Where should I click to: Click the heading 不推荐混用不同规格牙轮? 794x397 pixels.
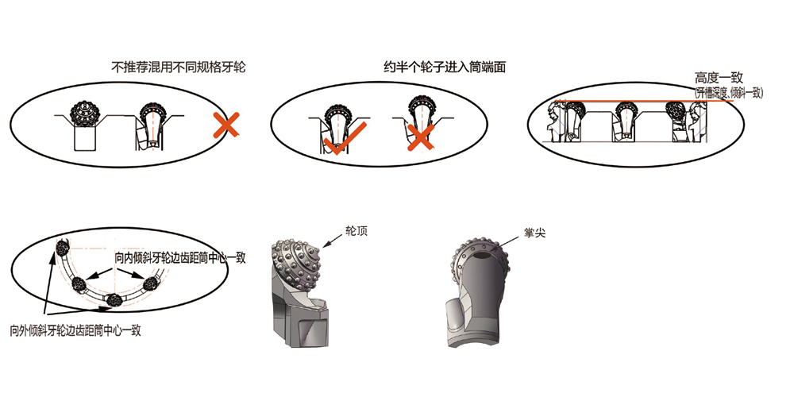coord(179,68)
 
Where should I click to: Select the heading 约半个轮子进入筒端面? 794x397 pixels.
coord(444,68)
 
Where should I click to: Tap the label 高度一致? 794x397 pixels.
coord(718,78)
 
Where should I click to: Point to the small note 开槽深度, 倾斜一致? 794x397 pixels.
coord(728,93)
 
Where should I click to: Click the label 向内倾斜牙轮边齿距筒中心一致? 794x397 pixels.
coord(179,258)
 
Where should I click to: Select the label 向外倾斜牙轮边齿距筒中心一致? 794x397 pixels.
coord(75,330)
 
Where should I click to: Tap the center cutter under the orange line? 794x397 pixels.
coord(628,119)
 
